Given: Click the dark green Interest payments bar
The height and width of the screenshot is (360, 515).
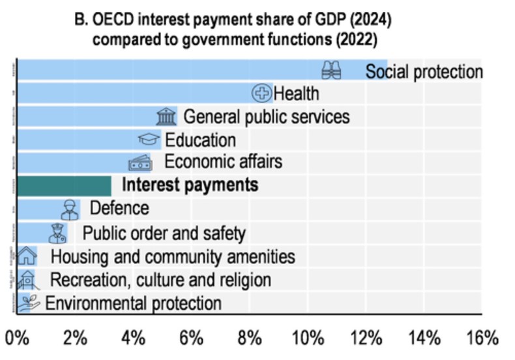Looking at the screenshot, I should (x=63, y=186).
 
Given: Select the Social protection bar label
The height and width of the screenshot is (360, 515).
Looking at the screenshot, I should (x=424, y=71).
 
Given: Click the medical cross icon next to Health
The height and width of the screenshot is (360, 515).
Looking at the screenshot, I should (x=261, y=94).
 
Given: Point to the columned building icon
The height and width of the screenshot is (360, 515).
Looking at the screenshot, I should (x=166, y=117).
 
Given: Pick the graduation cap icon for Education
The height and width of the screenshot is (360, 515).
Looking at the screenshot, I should (x=149, y=140).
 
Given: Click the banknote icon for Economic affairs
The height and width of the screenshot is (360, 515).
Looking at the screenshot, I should (x=140, y=162).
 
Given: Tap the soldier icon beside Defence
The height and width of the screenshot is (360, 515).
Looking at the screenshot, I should (x=70, y=209).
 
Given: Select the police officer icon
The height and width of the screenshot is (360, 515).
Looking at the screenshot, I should (x=57, y=233).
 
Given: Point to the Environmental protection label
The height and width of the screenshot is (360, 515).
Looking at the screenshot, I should (x=133, y=303).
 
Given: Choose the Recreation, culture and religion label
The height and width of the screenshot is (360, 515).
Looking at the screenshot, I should (x=160, y=280).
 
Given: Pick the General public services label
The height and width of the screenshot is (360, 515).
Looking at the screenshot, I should (x=266, y=117).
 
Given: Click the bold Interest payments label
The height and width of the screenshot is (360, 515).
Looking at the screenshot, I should (x=190, y=186).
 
